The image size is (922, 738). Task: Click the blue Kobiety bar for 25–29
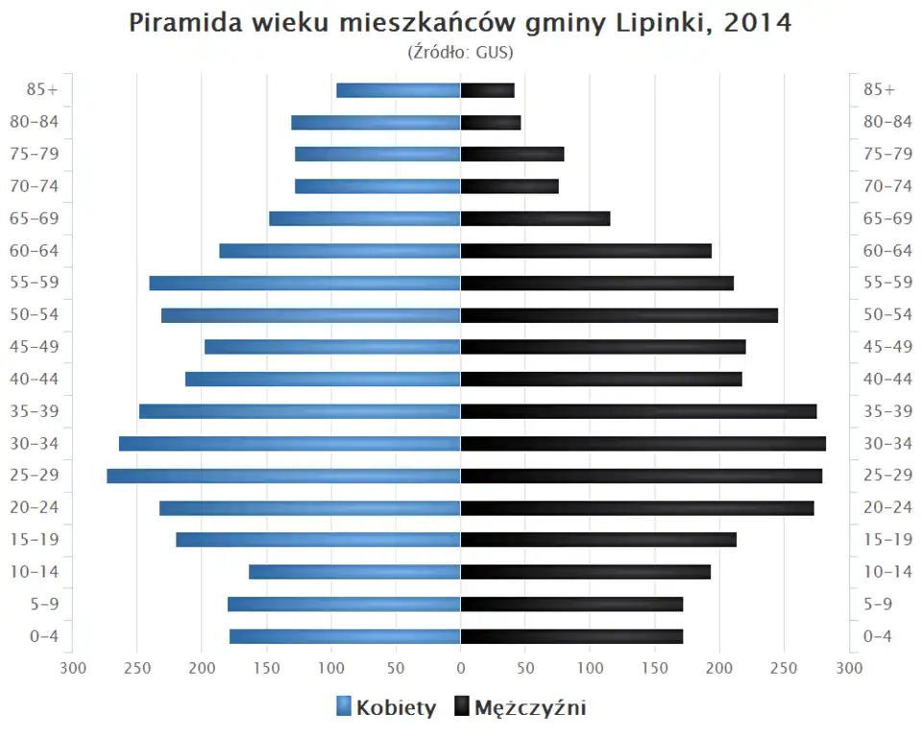pyautogui.click(x=283, y=476)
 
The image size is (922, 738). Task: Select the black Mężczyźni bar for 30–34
pyautogui.click(x=643, y=443)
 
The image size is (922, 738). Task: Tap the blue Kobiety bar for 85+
pyautogui.click(x=399, y=90)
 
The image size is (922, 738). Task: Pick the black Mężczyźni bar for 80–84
pyautogui.click(x=491, y=122)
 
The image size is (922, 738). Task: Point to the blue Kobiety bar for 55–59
pyautogui.click(x=304, y=283)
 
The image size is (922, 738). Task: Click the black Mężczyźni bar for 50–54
pyautogui.click(x=619, y=315)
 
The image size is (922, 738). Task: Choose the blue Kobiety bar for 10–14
pyautogui.click(x=354, y=572)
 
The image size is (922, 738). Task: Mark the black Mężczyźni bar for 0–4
pyautogui.click(x=571, y=636)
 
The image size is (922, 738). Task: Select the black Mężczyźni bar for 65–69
pyautogui.click(x=535, y=218)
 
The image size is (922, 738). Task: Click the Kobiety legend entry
pyautogui.click(x=386, y=708)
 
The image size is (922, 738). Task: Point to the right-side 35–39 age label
pyautogui.click(x=886, y=411)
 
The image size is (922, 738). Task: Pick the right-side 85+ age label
pyautogui.click(x=879, y=89)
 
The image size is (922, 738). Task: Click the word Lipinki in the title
pyautogui.click(x=658, y=23)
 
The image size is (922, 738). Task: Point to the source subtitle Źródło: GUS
pyautogui.click(x=461, y=52)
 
